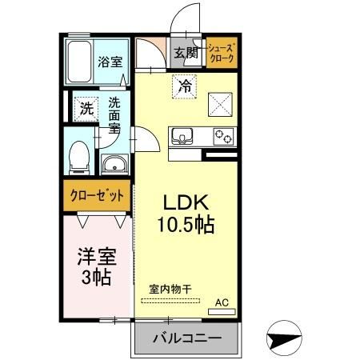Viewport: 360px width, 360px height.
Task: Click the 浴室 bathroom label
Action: (109, 61)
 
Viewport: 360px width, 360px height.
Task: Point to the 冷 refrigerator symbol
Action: (184, 82)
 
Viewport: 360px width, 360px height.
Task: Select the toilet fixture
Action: (79, 156)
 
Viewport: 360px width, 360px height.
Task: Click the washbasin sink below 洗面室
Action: (114, 166)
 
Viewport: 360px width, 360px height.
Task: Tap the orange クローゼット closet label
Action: (96, 195)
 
